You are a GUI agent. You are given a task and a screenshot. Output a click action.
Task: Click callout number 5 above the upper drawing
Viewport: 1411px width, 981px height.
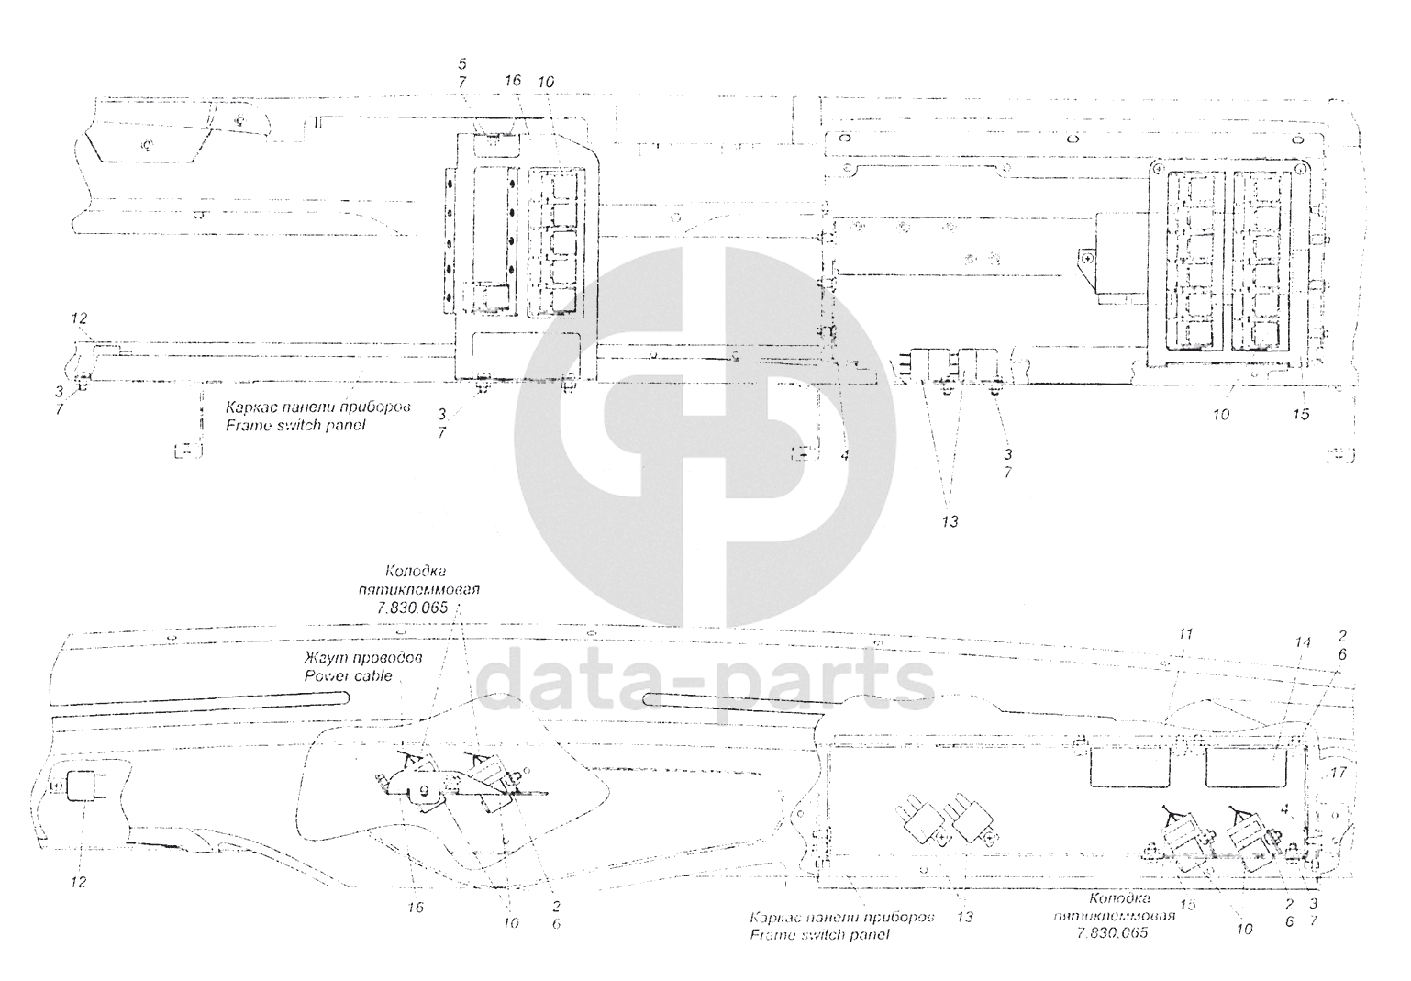pyautogui.click(x=462, y=63)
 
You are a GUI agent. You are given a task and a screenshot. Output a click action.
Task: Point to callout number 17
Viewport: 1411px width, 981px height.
pyautogui.click(x=1339, y=773)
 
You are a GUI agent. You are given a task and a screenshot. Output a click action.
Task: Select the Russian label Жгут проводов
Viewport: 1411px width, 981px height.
pyautogui.click(x=363, y=659)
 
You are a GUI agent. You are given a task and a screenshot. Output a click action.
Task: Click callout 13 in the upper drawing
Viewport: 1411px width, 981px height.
pyautogui.click(x=950, y=521)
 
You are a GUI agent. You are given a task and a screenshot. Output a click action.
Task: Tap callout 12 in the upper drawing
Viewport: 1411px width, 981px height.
pyautogui.click(x=80, y=318)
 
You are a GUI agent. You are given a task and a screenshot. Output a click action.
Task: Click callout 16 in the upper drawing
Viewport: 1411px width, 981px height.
pyautogui.click(x=513, y=81)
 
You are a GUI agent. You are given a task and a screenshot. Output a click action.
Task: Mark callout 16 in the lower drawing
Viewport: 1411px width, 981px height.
pyautogui.click(x=417, y=907)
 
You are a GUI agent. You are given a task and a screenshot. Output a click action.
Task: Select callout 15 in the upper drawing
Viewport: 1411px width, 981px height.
pyautogui.click(x=1301, y=415)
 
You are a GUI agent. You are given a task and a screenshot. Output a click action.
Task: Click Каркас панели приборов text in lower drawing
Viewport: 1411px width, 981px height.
pyautogui.click(x=841, y=918)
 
